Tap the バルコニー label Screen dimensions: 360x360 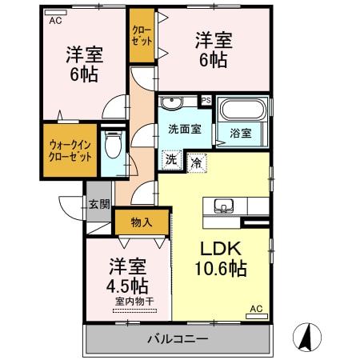(x=177, y=339)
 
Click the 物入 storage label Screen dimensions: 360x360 (x=141, y=222)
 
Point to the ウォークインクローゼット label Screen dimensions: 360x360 (x=70, y=150)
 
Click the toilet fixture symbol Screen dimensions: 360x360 (x=113, y=145)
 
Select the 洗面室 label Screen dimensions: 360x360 (x=183, y=130)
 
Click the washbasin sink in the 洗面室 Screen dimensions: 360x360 (x=171, y=103)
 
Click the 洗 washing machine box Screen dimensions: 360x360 (x=170, y=159)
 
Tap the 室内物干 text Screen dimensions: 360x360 (x=128, y=301)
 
